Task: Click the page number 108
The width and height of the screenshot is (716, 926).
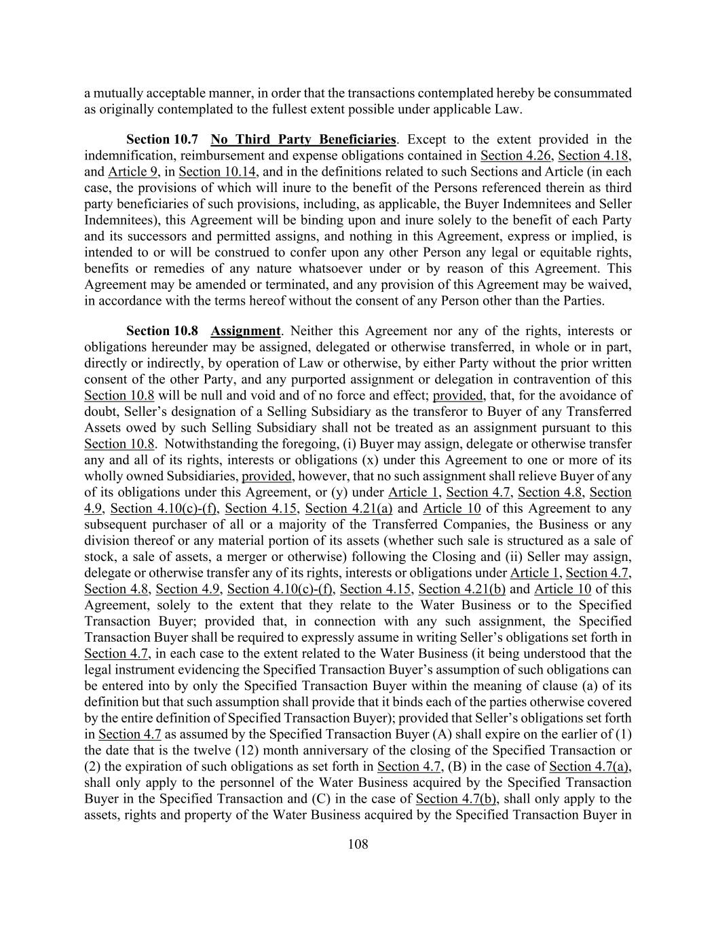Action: [358, 844]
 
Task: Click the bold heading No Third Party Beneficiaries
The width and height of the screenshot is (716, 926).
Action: [303, 140]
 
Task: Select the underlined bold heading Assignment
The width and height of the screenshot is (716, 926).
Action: [245, 331]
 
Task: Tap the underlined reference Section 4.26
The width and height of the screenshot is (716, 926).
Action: [516, 156]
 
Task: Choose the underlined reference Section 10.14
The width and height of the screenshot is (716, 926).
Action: [218, 172]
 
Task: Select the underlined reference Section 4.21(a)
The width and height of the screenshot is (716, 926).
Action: [349, 508]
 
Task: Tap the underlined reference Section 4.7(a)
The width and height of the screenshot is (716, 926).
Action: [590, 767]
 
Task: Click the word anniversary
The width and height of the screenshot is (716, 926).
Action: [343, 750]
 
